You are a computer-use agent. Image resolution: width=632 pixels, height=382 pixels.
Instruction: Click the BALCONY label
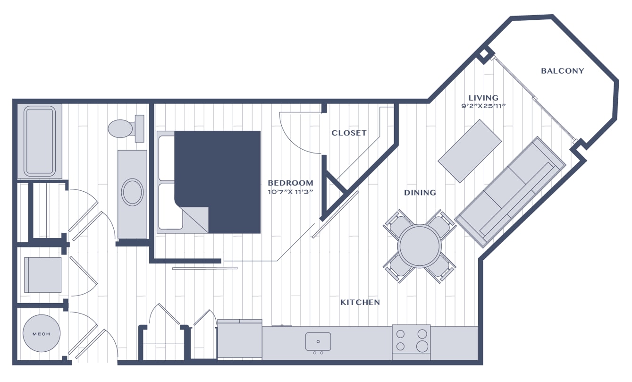click(562, 71)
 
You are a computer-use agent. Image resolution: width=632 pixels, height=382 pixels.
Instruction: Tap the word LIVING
click(483, 98)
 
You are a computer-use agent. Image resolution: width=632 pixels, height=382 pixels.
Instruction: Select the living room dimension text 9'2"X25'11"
click(483, 106)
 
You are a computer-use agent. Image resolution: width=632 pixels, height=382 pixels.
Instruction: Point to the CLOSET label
click(349, 133)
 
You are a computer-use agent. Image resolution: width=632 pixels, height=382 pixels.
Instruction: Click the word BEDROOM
click(290, 183)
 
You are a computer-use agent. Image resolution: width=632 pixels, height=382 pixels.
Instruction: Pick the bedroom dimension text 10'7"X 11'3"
click(290, 192)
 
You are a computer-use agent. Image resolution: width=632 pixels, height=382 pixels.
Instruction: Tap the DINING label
click(420, 193)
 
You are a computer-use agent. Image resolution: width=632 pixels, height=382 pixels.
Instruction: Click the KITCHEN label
click(360, 302)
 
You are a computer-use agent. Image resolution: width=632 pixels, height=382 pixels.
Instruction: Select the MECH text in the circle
click(41, 334)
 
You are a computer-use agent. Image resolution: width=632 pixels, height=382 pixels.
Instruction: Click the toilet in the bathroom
click(126, 128)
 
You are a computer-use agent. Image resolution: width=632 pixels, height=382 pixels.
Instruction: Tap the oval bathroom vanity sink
click(132, 192)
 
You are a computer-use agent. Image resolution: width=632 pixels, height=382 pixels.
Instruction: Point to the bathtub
click(40, 141)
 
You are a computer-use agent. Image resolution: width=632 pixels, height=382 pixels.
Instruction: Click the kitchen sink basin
click(318, 341)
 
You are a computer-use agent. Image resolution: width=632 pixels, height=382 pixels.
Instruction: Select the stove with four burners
click(412, 342)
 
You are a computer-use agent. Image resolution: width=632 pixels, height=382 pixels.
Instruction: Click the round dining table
click(420, 246)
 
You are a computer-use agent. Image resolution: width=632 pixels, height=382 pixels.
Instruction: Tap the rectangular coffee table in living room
click(470, 151)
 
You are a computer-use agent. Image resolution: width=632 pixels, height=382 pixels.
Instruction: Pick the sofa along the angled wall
click(510, 192)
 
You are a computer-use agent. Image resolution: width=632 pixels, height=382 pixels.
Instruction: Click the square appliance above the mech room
click(42, 275)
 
